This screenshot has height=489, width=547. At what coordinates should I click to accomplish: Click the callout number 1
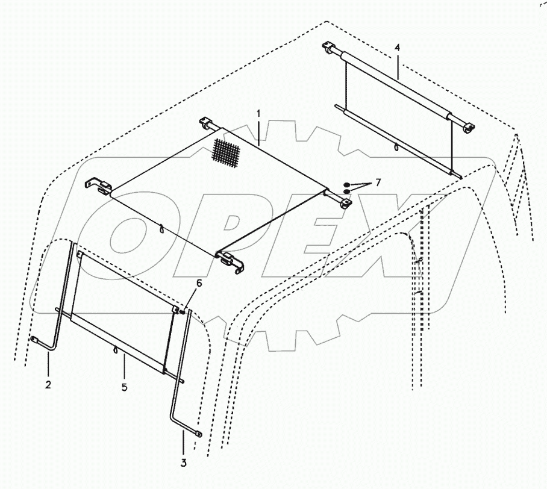point(258,113)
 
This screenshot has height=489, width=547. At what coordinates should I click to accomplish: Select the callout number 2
point(49,384)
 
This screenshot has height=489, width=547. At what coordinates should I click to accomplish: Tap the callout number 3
point(184,463)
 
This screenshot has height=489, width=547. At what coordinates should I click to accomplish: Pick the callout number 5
point(124,387)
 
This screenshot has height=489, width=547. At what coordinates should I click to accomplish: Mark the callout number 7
point(378,182)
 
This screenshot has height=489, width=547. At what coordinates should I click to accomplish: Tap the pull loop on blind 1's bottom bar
point(161,228)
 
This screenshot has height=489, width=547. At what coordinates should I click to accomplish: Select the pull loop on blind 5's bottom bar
point(115,350)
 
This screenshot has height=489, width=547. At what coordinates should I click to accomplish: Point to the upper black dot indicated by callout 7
point(347,184)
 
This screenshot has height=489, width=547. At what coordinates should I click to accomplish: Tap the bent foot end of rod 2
point(35,340)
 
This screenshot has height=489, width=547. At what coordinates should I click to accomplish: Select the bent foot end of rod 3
point(197,431)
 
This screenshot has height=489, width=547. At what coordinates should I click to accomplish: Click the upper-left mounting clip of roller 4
point(328,48)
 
